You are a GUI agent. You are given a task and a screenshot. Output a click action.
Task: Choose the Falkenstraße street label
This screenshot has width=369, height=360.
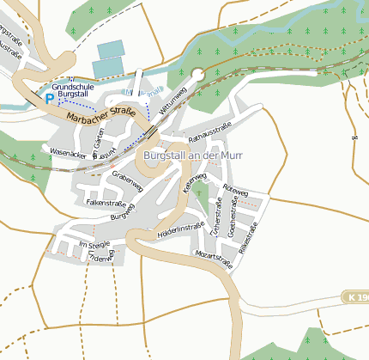(x=106, y=202)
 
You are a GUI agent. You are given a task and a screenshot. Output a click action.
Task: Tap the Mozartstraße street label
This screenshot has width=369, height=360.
(x=214, y=259)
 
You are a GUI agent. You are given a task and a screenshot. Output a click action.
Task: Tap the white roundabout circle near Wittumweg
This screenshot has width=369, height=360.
(x=199, y=75)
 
